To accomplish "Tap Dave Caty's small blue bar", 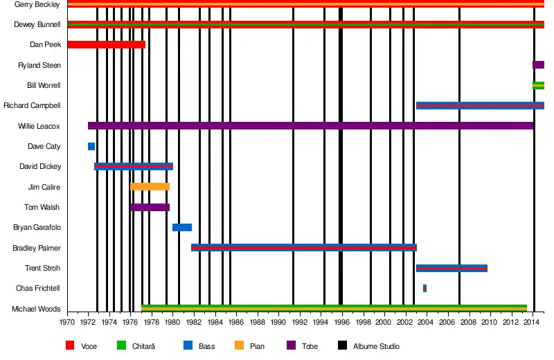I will click(x=91, y=147).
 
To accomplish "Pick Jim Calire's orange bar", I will click(x=150, y=187).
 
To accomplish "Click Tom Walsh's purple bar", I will click(x=150, y=207).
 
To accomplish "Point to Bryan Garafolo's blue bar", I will click(x=182, y=227).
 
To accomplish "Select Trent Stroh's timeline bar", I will click(x=452, y=268).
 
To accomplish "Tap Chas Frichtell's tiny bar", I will click(x=425, y=288).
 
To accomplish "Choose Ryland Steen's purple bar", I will click(x=538, y=65).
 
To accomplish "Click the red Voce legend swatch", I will click(x=70, y=345).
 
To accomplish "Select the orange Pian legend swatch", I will click(x=239, y=345).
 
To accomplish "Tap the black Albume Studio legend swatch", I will click(x=342, y=345).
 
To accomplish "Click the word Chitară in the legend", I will click(x=143, y=346).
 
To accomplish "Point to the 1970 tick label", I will click(x=67, y=323).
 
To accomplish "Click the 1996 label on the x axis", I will click(x=341, y=323).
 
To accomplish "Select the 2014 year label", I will click(x=532, y=323).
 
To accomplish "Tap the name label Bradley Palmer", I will click(x=37, y=248).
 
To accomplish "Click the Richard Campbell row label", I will click(x=32, y=106).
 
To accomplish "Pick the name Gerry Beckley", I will click(x=37, y=4).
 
